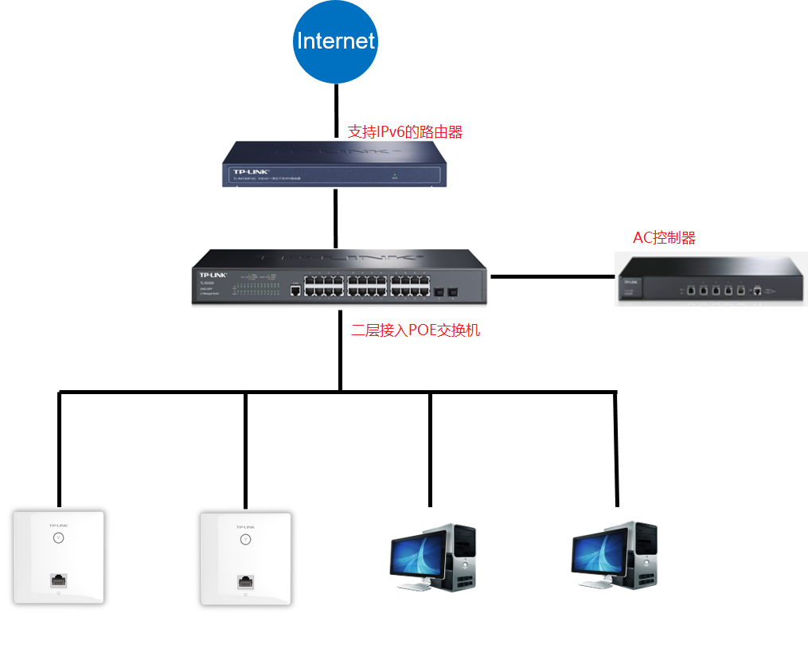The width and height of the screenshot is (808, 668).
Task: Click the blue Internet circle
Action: point(335,41)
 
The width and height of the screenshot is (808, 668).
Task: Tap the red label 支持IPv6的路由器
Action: point(405,132)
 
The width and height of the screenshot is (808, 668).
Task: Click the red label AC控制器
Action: point(664,237)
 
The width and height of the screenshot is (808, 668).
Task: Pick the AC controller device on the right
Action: point(711,279)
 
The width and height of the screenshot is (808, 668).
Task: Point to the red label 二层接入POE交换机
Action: point(416,330)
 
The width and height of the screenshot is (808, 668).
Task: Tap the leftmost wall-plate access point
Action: point(59,557)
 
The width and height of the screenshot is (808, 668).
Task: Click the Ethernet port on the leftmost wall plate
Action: point(59,580)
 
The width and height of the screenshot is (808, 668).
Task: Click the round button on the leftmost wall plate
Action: point(58,537)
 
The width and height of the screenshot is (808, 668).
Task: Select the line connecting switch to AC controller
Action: point(553,277)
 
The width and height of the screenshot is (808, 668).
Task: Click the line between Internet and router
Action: point(335,111)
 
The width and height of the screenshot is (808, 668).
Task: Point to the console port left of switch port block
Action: point(295,291)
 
